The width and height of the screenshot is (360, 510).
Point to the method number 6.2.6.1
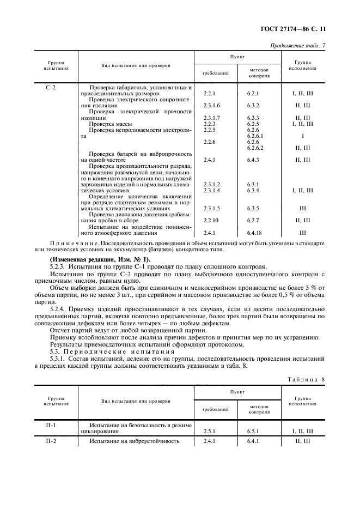(255, 136)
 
